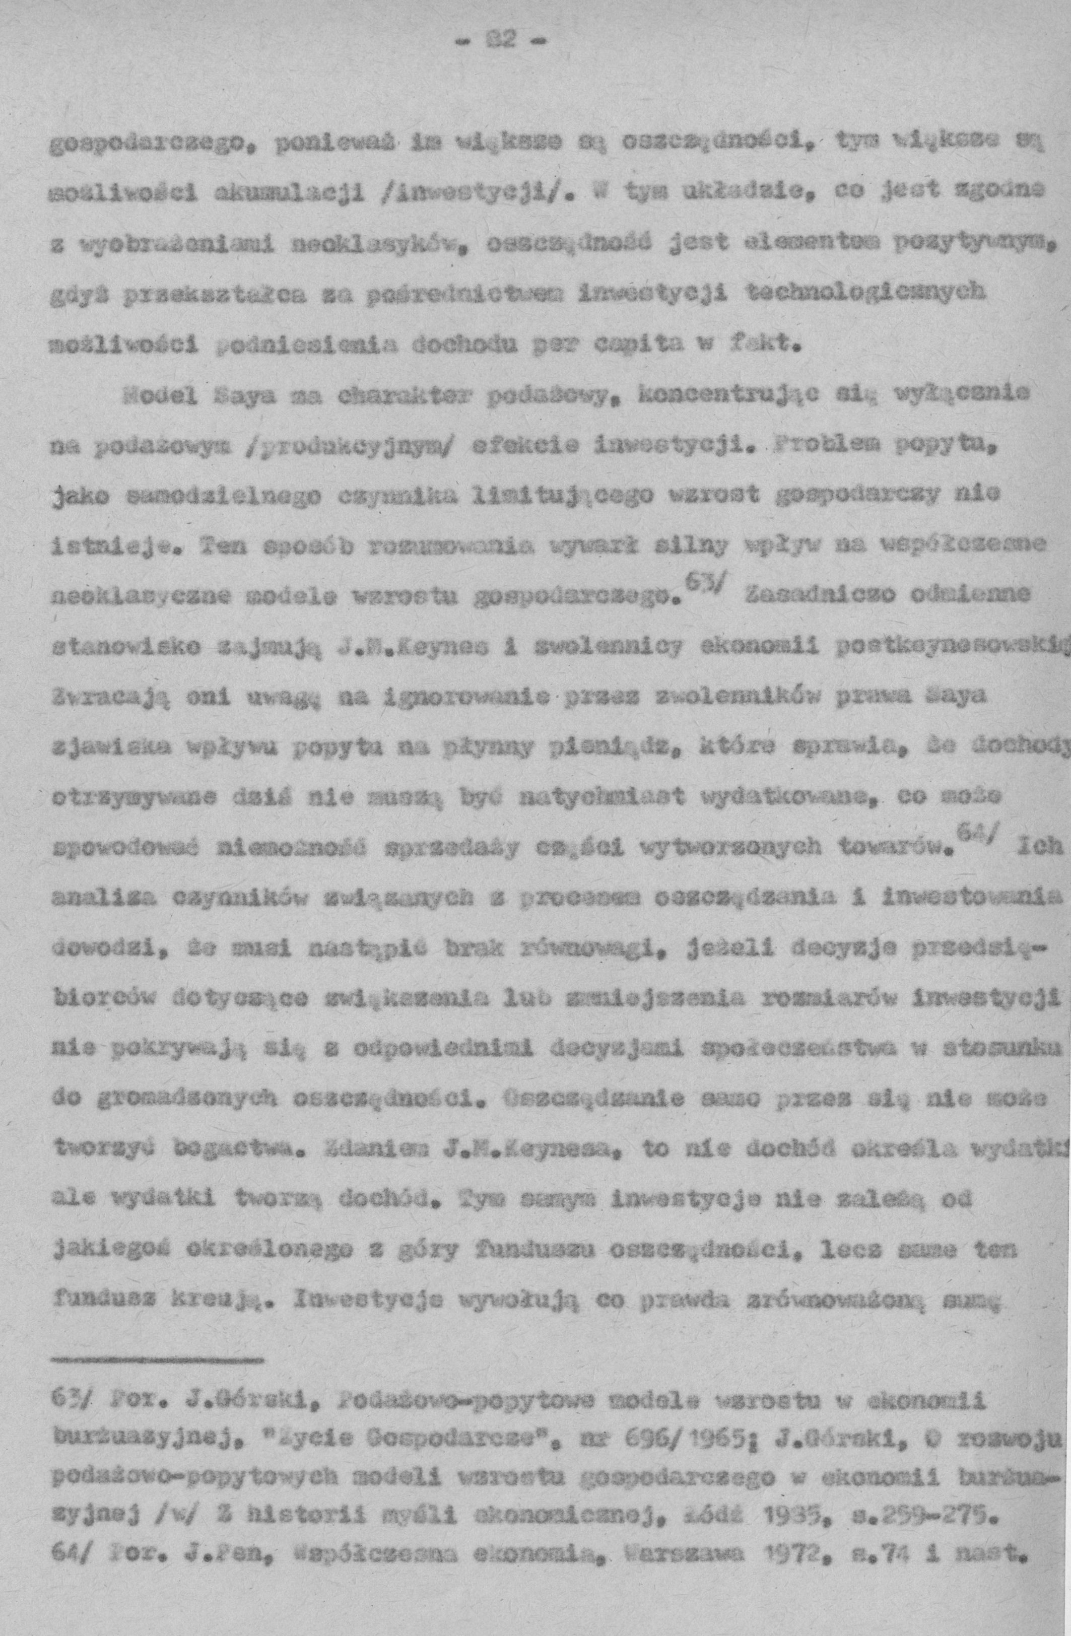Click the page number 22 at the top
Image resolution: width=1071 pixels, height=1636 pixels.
498,43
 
